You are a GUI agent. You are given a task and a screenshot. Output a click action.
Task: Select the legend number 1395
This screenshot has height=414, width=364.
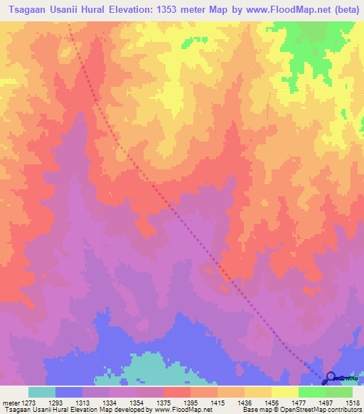coord(190,402)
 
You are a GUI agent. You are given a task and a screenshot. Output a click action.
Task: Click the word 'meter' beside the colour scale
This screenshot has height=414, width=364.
coord(9,402)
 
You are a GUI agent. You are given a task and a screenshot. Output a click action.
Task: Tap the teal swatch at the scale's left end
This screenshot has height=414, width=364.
coord(42,392)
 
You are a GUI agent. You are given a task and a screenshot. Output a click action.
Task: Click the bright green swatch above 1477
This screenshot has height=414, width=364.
coord(312,392)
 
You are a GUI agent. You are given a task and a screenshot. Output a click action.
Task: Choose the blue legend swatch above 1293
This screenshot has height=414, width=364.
coord(69,392)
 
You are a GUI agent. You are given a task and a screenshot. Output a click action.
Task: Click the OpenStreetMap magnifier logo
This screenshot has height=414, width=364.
coord(331,378)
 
